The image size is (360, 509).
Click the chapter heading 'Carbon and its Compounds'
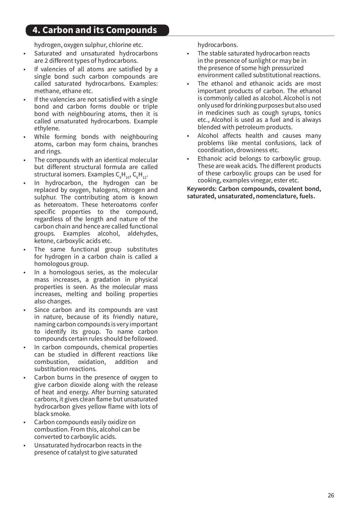pos(94,30)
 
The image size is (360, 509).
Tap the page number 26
pos(331,495)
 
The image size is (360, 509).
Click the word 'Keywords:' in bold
pos(202,189)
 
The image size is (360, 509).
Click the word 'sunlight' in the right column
pos(259,61)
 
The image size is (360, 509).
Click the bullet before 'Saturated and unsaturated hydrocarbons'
pos(25,54)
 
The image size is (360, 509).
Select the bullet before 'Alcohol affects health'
pos(188,136)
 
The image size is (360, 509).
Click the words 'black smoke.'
pos(52,414)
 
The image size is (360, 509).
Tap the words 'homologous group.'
pos(61,264)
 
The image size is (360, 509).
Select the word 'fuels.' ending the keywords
pos(307,196)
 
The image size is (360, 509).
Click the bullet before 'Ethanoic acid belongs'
pos(188,159)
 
